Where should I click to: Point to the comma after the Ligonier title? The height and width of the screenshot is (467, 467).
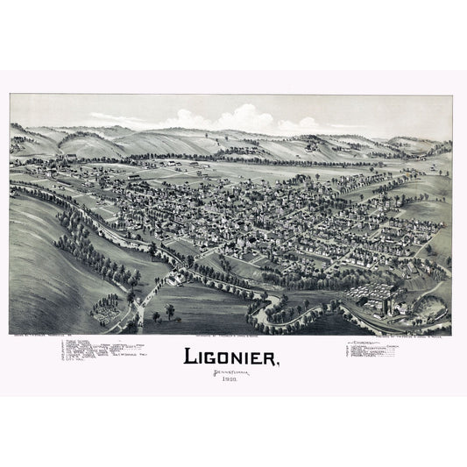pyautogui.click(x=279, y=364)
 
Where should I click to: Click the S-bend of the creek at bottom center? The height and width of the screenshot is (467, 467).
pyautogui.click(x=276, y=307)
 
